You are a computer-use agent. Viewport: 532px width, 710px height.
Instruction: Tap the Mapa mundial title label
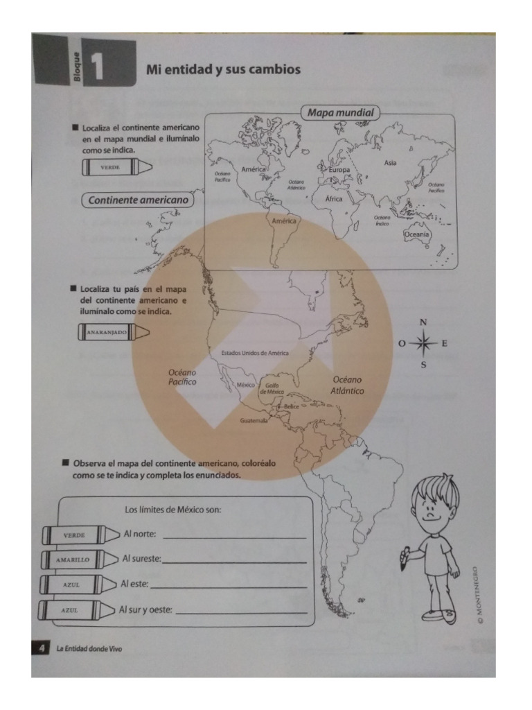coord(340,112)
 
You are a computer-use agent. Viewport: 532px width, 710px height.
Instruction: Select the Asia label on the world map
coord(391,162)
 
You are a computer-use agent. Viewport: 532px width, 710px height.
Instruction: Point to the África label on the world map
coord(334,198)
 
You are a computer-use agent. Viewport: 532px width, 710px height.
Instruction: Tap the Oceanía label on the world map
coord(417,235)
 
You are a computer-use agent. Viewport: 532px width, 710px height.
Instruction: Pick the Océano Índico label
coord(382,220)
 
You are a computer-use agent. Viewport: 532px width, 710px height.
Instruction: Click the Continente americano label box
coord(139,200)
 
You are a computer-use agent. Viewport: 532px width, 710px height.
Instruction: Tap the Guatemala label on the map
coord(253,421)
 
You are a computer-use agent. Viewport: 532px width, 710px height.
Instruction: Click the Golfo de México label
coord(272,389)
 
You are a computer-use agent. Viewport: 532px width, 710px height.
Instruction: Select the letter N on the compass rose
coord(424,322)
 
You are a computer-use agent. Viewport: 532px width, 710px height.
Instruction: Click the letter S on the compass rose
coord(424,365)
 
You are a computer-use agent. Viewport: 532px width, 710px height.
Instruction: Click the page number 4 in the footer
coord(42,648)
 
